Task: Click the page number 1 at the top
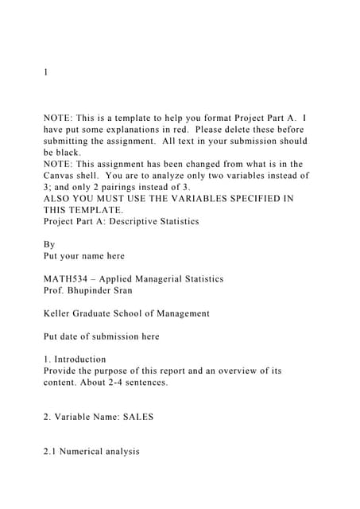coord(45,72)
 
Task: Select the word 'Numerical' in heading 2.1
coord(87,451)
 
